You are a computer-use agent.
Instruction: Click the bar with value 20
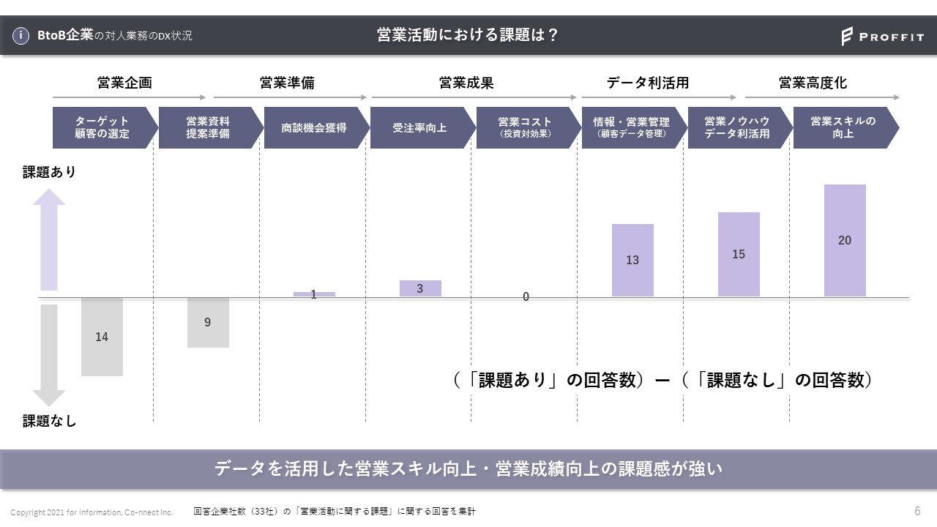coord(845,240)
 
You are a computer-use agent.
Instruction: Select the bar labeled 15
coord(739,254)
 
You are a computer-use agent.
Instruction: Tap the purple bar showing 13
coord(632,260)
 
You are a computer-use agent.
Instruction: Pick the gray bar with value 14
coord(102,337)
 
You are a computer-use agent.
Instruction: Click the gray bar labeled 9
coord(208,322)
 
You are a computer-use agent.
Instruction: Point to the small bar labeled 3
coord(420,288)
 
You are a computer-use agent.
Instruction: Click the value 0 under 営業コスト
coord(526,297)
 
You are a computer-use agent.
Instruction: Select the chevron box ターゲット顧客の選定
coord(102,127)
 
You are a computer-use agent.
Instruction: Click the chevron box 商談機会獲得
coord(314,127)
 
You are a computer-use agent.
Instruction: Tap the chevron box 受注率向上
coord(419,127)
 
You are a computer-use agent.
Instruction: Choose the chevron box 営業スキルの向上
coord(843,127)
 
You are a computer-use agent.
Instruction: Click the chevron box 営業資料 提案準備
coord(208,127)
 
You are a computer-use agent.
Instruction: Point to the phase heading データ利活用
coord(648,83)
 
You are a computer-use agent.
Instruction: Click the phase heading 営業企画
coord(124,83)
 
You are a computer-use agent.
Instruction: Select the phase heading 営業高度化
coord(813,83)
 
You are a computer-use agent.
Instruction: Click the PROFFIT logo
coord(882,36)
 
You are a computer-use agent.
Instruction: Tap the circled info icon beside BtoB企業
coord(22,35)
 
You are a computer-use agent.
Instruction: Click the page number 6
coord(917,510)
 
